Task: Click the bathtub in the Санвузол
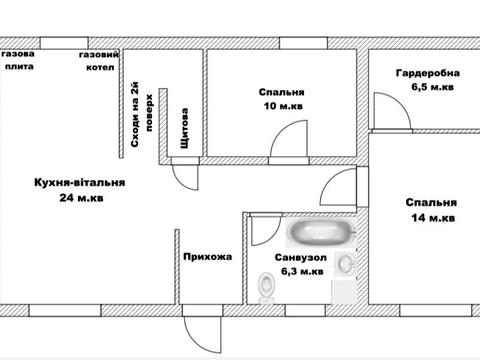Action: (x=321, y=231)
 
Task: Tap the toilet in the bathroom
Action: (x=267, y=288)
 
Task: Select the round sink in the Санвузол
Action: (x=345, y=264)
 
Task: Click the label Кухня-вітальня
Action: (x=80, y=183)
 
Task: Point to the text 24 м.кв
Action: (x=81, y=198)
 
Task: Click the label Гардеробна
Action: (x=428, y=73)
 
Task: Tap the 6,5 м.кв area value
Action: (x=432, y=87)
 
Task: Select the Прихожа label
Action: (x=207, y=257)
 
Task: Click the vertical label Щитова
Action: (x=184, y=128)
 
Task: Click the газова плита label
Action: (x=19, y=60)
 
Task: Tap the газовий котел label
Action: (x=99, y=61)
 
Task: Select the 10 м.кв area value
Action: (x=283, y=106)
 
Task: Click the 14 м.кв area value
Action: (x=433, y=218)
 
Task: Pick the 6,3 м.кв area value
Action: (x=302, y=271)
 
